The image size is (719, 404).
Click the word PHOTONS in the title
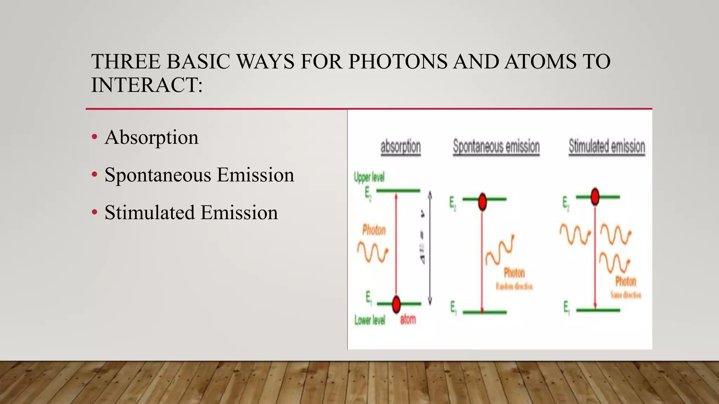398,62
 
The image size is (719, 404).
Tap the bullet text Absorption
151,137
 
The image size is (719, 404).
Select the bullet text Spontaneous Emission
199,175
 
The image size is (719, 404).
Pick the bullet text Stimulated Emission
191,213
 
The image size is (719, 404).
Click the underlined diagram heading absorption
401,147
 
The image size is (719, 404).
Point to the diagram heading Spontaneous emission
496,146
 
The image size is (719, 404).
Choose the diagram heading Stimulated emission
607,146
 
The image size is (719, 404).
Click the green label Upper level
369,177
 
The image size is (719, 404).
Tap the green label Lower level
370,320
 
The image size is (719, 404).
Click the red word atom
408,319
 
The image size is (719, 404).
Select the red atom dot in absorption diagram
396,304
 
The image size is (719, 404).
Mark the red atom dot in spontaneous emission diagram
483,201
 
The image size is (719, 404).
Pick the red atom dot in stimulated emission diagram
595,196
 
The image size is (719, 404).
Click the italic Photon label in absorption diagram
374,230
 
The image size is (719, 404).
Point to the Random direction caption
514,287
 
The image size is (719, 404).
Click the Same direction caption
626,295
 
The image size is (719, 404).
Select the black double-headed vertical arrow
430,248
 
